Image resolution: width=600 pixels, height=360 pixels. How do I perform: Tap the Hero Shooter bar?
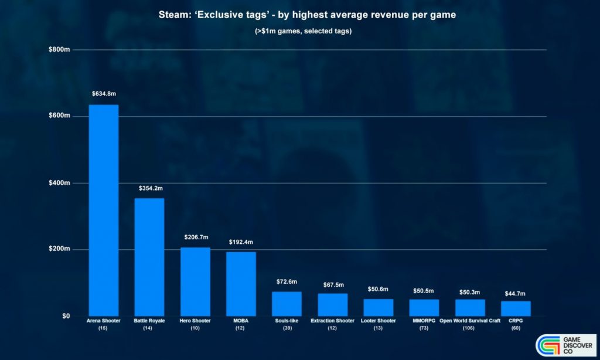click(195, 281)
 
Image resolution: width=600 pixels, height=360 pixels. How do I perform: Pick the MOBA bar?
click(241, 284)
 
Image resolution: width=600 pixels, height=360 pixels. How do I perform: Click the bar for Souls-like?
click(287, 304)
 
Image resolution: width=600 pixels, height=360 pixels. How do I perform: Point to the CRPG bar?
click(516, 308)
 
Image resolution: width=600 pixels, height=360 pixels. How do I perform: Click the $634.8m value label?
click(104, 94)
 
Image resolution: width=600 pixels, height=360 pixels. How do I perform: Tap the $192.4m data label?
click(241, 242)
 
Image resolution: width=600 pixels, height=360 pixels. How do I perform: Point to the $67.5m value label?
click(333, 284)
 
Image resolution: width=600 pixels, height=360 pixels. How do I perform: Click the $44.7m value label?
click(516, 293)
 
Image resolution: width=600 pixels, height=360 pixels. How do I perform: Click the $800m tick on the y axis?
click(60, 50)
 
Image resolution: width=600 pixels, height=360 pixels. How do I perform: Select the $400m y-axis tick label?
click(60, 183)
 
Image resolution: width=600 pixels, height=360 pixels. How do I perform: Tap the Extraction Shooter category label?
click(333, 321)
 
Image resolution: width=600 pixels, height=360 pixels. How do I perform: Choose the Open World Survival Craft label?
click(470, 321)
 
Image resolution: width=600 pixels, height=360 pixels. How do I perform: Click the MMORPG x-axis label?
click(424, 321)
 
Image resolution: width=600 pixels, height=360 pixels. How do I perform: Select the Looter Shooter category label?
click(379, 321)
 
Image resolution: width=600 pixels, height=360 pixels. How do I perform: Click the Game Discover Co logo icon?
click(549, 346)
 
